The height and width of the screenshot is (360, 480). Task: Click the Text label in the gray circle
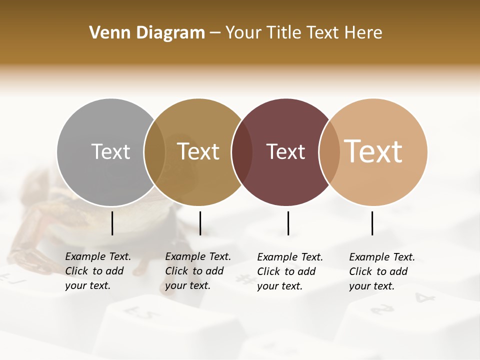click(110, 151)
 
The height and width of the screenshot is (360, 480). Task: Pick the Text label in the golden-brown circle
click(198, 151)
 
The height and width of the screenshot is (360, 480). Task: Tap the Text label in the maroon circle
click(285, 152)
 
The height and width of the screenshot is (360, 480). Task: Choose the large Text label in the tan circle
click(373, 151)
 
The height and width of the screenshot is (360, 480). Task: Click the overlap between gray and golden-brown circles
click(154, 152)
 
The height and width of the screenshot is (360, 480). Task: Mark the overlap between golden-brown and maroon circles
click(242, 152)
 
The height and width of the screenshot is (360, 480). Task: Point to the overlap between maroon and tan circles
click(329, 152)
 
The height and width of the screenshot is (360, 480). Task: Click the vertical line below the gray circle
click(112, 223)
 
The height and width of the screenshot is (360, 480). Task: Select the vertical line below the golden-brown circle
click(200, 223)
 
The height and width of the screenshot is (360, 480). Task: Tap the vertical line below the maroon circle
click(288, 223)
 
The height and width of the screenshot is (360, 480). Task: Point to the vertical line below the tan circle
click(372, 223)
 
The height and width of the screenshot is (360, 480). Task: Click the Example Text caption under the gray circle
click(97, 271)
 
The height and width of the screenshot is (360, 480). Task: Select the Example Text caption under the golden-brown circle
click(197, 271)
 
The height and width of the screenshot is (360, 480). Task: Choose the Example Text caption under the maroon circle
click(289, 271)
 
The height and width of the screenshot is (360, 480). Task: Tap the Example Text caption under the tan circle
click(381, 271)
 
